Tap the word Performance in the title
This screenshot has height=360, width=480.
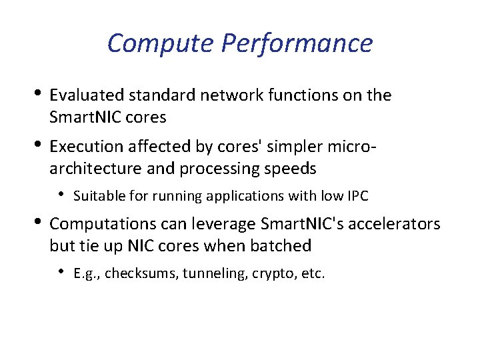click(297, 44)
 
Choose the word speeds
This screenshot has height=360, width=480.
click(289, 169)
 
